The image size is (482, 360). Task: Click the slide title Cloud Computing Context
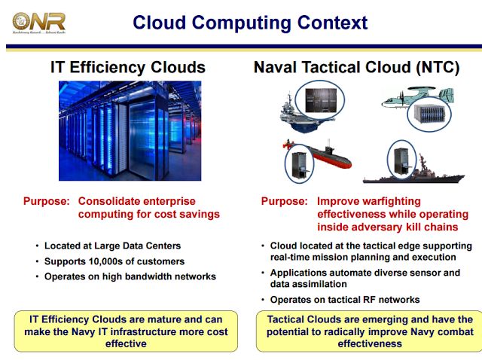250,23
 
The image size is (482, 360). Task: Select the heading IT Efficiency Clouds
128,67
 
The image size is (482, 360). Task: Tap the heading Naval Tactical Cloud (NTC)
356,67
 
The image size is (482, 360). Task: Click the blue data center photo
130,130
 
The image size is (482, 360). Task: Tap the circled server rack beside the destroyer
401,157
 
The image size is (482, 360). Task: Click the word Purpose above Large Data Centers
47,202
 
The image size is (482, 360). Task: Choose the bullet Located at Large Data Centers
112,246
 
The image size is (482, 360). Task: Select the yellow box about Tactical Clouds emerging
369,331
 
